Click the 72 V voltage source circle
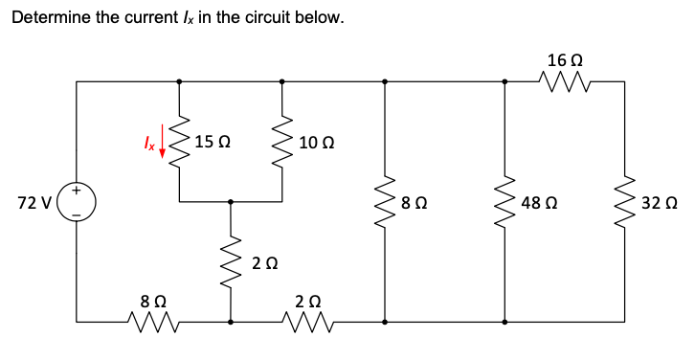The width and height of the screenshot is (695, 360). point(77,203)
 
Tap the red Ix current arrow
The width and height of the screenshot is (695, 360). point(162,141)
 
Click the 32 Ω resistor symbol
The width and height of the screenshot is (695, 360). point(625,203)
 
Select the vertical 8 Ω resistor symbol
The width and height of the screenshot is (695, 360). point(385,203)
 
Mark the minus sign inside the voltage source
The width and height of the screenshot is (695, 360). point(77,215)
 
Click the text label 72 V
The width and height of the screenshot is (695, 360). point(34,203)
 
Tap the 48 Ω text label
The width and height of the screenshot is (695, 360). point(540,203)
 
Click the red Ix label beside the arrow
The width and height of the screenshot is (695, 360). point(146,142)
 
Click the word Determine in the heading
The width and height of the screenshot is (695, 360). point(50,18)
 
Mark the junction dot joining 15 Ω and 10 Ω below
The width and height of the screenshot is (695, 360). point(230,202)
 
